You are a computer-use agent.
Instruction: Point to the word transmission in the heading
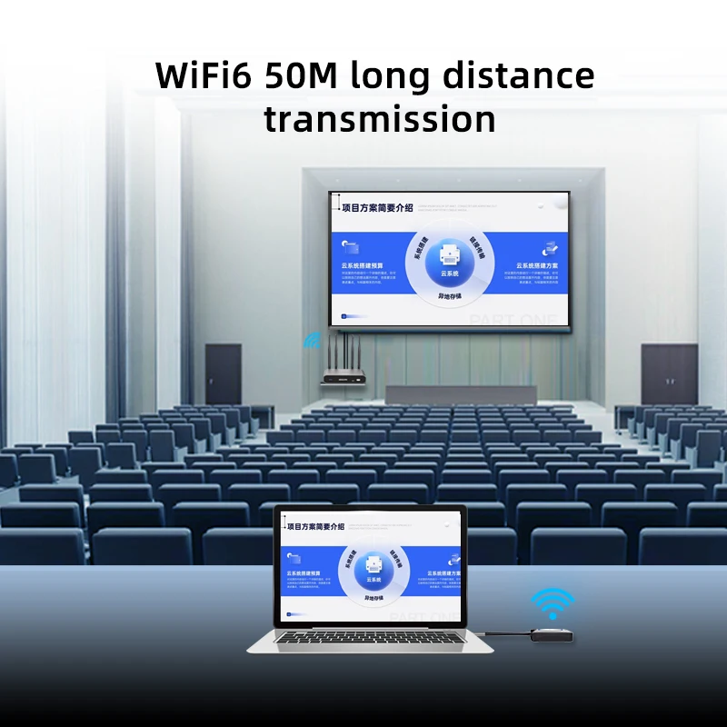[379, 119]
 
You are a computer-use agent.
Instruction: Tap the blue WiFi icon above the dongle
[553, 603]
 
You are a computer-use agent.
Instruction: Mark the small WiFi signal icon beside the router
[312, 341]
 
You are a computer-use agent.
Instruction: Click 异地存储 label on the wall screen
[451, 295]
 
